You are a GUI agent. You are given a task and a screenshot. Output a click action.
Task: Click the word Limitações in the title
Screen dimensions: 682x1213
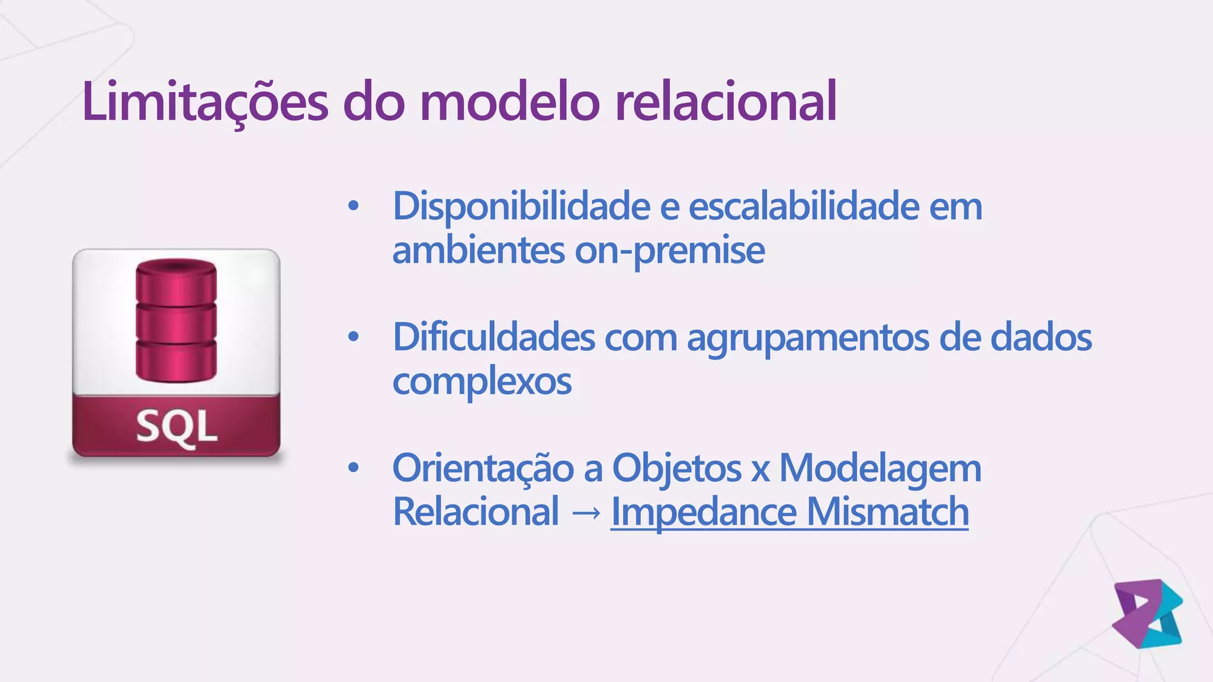pos(205,102)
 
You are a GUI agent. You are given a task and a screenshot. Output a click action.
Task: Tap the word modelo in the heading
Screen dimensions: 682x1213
pos(510,102)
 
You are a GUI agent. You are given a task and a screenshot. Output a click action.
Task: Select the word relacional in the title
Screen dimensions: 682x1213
pos(726,102)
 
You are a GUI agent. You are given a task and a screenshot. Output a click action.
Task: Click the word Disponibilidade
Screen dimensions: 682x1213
pos(522,207)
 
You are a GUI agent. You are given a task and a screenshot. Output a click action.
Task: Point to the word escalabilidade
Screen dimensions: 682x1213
pos(803,207)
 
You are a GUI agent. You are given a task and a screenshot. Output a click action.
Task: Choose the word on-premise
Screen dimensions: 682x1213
pos(669,251)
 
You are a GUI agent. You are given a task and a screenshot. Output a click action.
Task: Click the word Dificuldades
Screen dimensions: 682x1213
pos(494,338)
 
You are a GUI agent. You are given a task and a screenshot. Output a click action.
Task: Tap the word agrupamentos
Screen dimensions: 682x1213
pos(808,338)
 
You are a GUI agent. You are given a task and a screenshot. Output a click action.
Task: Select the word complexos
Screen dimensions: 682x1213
pos(482,382)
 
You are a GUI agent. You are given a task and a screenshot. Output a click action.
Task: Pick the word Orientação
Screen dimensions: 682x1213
pos(483,469)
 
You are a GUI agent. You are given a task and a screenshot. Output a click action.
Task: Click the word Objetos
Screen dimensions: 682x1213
pos(676,469)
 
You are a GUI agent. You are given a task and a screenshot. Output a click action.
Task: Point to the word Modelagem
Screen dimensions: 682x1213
pos(880,469)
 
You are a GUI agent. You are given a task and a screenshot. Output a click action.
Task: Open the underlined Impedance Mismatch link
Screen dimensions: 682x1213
pos(790,512)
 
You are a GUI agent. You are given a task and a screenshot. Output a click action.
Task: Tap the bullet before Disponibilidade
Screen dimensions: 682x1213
pos(354,207)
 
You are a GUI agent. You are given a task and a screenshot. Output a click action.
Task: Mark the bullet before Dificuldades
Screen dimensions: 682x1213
pos(354,337)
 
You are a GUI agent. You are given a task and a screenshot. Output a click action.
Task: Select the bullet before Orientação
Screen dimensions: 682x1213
pos(354,468)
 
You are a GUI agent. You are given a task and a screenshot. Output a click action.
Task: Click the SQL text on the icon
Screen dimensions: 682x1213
pos(177,426)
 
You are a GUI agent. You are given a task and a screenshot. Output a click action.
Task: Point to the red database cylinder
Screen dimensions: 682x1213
pos(176,321)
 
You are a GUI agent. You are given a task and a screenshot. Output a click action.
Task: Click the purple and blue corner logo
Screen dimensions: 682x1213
pos(1147,613)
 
